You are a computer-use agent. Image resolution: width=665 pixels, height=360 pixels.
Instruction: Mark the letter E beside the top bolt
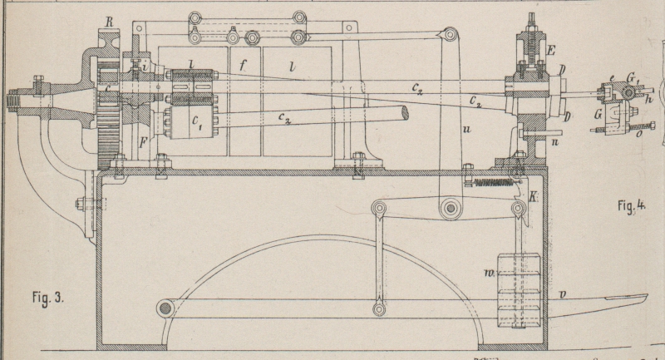click(550, 51)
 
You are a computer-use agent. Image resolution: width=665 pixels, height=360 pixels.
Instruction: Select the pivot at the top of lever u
click(450, 35)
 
